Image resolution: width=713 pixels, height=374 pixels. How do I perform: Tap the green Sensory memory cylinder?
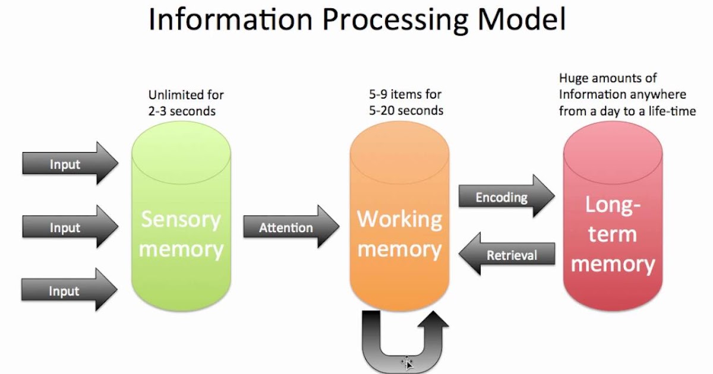pos(181,220)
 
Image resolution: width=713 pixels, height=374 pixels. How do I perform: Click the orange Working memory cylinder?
pos(399,220)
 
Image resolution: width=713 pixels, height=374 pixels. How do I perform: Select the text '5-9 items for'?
pos(405,95)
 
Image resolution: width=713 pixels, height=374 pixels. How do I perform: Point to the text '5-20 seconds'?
pos(405,110)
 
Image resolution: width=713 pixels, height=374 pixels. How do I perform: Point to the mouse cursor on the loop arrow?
pos(408,363)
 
